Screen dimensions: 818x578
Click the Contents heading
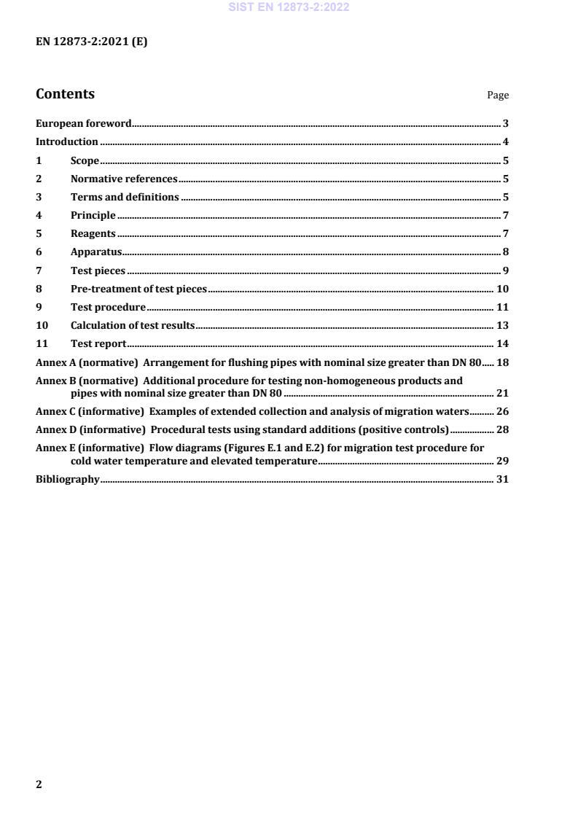[x=65, y=94]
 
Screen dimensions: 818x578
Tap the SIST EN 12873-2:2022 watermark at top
[x=289, y=7]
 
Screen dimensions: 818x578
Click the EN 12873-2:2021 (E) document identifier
[x=91, y=42]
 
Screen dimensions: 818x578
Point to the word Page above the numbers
[x=498, y=96]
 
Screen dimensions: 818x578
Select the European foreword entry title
[x=84, y=124]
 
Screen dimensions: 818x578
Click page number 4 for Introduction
[x=505, y=142]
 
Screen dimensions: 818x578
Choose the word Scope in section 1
[x=85, y=160]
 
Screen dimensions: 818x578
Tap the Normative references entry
[x=124, y=179]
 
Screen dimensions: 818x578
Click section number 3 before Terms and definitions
[x=39, y=197]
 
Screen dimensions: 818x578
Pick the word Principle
[x=93, y=215]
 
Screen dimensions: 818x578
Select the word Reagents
[x=93, y=233]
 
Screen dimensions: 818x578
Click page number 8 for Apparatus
[x=505, y=252]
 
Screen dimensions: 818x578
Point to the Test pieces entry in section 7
[x=98, y=270]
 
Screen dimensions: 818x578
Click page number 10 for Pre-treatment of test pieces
[x=502, y=289]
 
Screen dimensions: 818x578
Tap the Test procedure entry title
[x=108, y=307]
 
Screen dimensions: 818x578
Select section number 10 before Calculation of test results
[x=42, y=325]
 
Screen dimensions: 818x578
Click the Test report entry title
[x=98, y=343]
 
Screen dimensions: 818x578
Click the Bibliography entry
[x=68, y=479]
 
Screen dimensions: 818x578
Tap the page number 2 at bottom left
[x=39, y=784]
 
